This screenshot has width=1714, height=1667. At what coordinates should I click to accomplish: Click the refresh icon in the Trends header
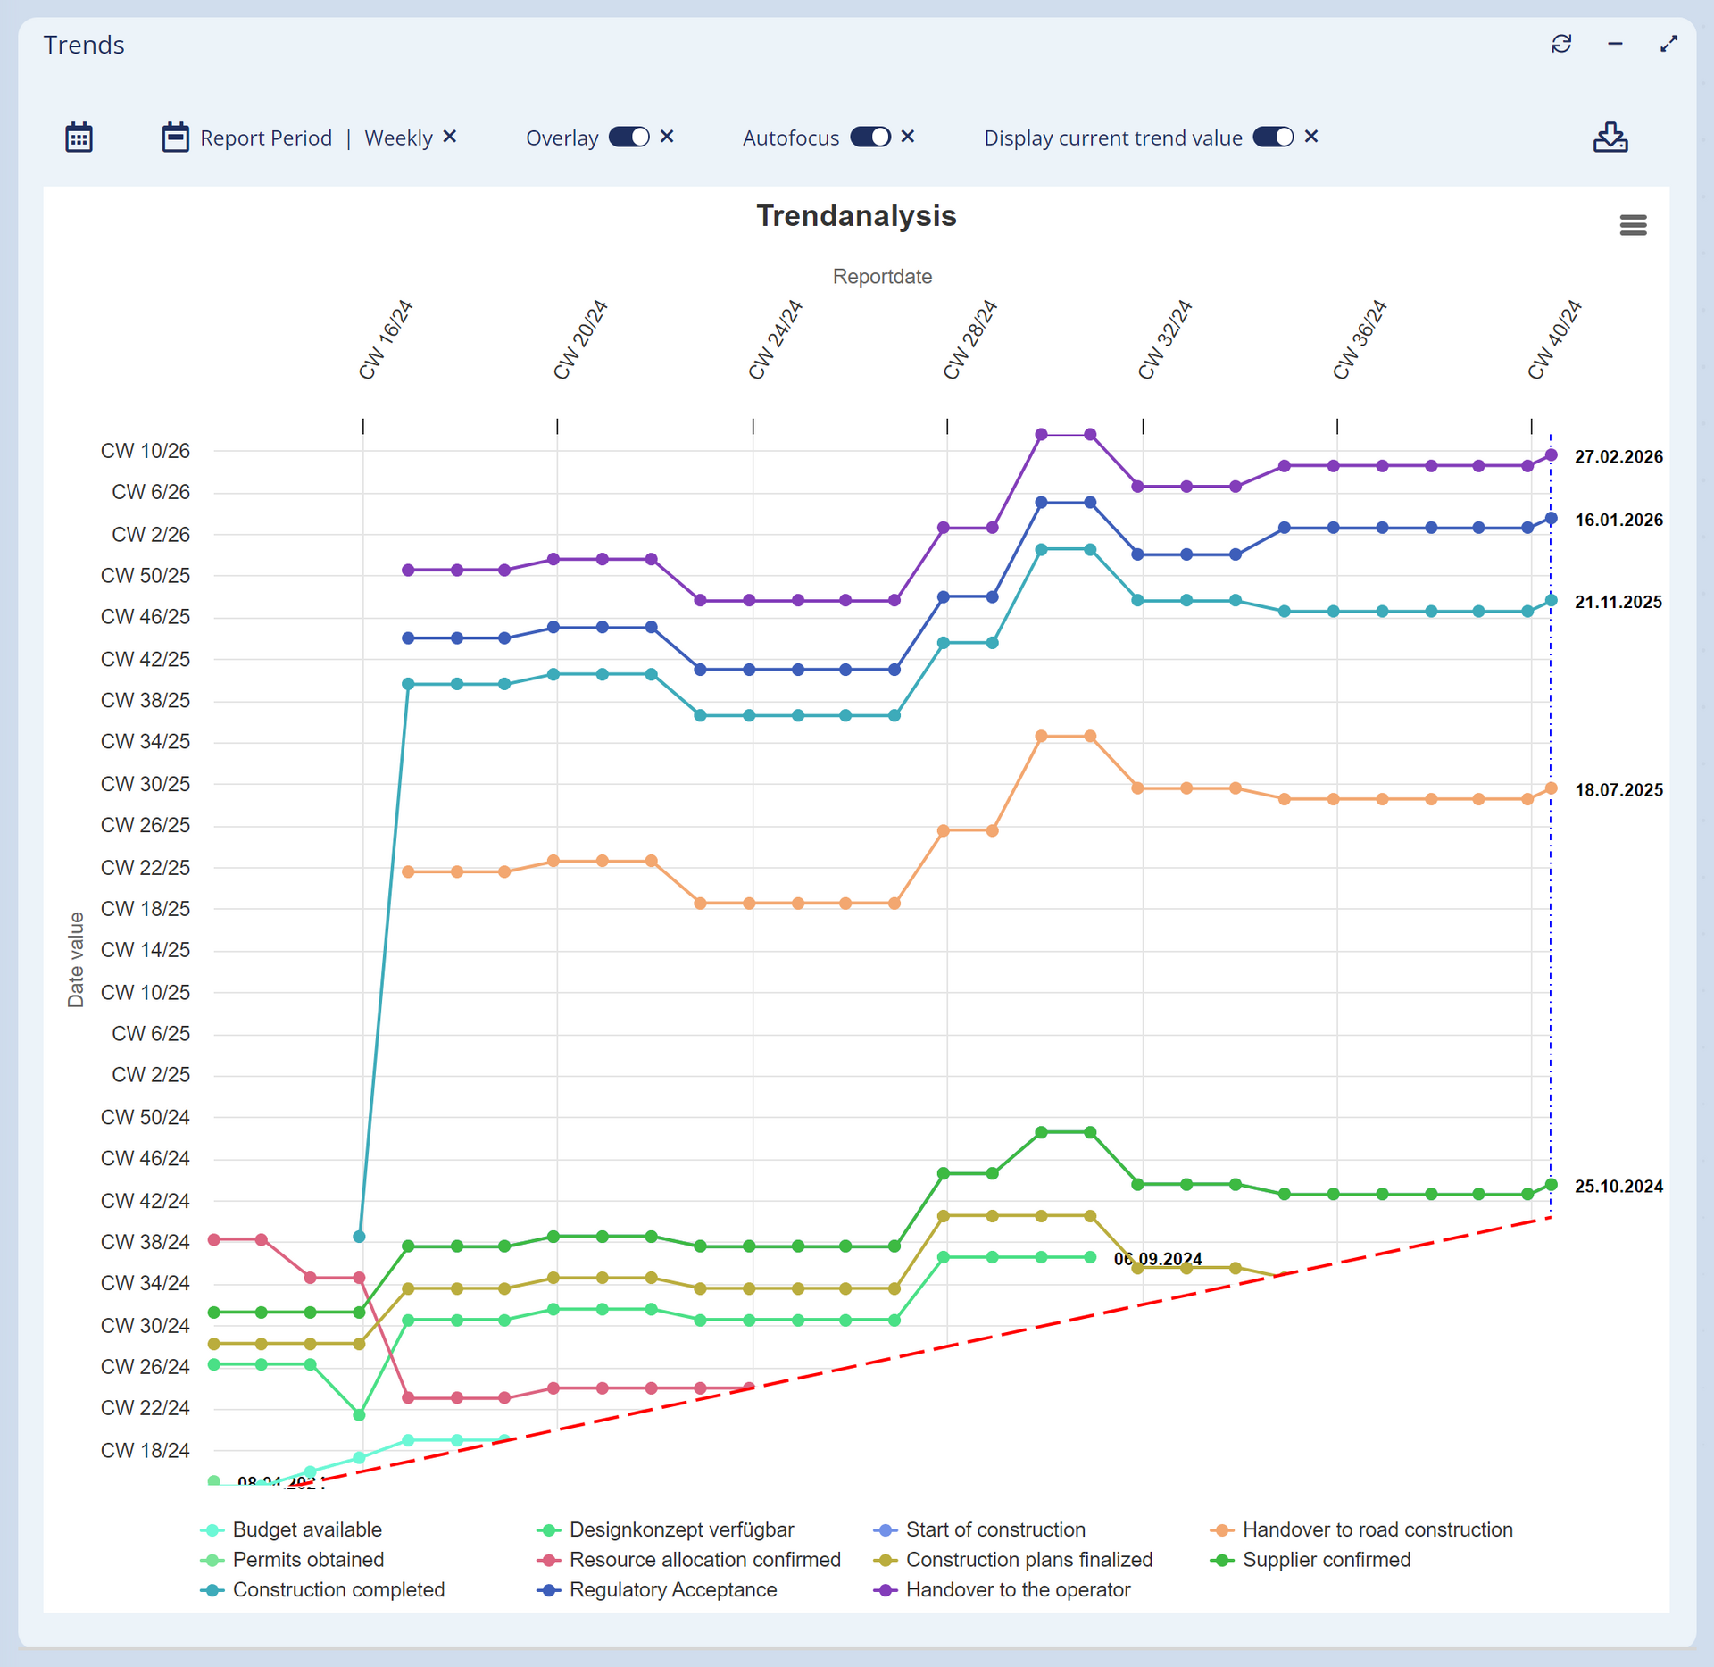coord(1560,44)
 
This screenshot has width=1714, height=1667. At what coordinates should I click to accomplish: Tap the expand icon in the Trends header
coord(1668,44)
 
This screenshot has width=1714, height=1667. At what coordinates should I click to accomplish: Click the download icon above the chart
coord(1610,138)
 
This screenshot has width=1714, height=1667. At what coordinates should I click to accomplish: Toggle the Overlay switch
coord(628,137)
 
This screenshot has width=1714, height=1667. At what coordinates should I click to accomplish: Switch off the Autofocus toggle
coord(869,137)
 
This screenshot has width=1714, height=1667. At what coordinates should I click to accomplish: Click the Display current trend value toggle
coord(1272,137)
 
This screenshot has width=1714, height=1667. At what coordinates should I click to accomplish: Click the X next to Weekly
coord(450,137)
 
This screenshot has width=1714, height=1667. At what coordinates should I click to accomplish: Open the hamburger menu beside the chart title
coord(1632,225)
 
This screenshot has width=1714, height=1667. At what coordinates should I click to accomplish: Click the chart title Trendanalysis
coord(855,216)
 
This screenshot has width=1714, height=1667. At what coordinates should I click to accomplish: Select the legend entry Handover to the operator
coord(1017,1589)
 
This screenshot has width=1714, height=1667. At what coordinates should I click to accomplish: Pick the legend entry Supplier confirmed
coord(1326,1559)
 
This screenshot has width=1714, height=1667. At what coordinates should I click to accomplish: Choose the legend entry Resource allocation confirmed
coord(704,1559)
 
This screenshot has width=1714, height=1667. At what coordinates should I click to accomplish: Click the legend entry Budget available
coord(306,1529)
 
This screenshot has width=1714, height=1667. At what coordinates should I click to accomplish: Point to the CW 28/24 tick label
coord(969,340)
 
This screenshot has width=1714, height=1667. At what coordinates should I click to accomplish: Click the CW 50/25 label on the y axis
coord(145,576)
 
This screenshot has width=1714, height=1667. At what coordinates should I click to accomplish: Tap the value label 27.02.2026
coord(1618,457)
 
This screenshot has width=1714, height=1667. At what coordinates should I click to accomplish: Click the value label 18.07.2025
coord(1618,790)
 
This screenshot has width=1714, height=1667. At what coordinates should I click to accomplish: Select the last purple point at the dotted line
coord(1551,455)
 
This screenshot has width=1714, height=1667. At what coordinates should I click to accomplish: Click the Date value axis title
coord(76,960)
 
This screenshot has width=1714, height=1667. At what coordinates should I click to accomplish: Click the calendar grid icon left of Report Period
coord(79,138)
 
